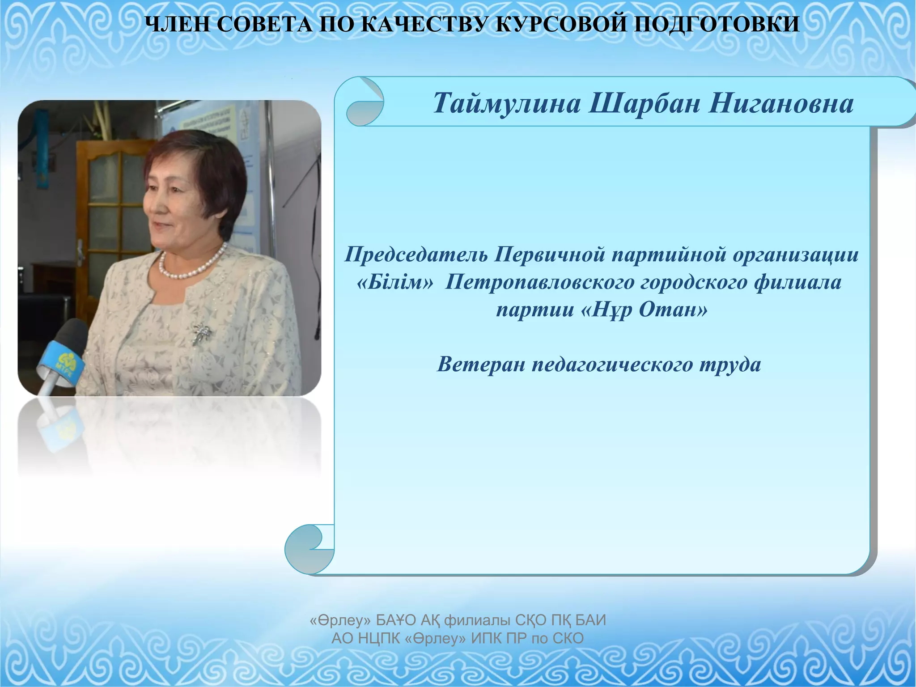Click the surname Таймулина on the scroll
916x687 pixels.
click(507, 103)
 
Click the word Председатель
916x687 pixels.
click(416, 255)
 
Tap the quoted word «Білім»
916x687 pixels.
click(395, 283)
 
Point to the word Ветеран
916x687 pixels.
click(480, 365)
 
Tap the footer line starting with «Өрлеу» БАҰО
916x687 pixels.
click(458, 620)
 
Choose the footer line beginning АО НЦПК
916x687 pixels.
click(458, 638)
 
